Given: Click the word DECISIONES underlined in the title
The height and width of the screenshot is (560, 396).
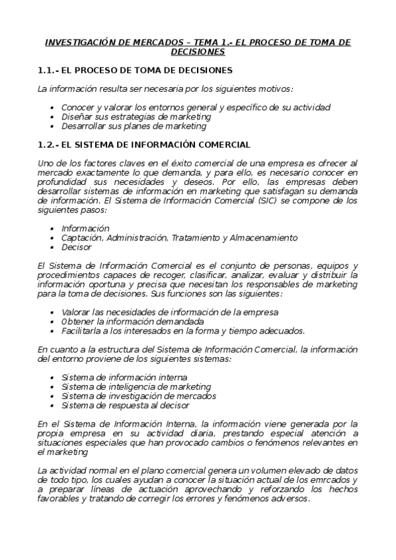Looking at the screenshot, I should pyautogui.click(x=198, y=52).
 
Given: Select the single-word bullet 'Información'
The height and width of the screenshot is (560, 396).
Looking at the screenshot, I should pyautogui.click(x=85, y=228).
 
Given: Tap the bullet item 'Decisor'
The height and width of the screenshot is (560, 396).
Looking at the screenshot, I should pyautogui.click(x=76, y=246).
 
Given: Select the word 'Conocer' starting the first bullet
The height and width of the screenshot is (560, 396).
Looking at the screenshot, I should pyautogui.click(x=78, y=107).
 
